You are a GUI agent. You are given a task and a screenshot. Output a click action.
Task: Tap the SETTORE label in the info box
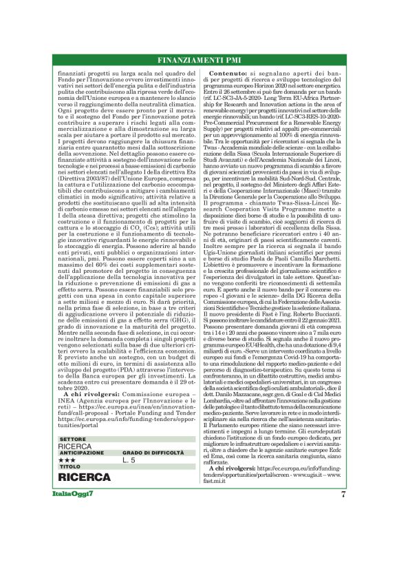73,439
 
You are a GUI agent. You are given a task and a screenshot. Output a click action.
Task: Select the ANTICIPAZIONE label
81,453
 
